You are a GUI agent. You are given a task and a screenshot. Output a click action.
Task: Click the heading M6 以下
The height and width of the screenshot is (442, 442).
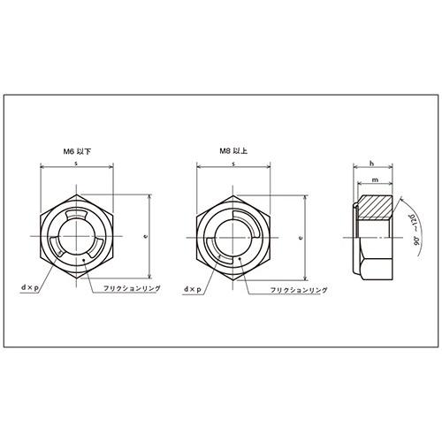tap(78, 151)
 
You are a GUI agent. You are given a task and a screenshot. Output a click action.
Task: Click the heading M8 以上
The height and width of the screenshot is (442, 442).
tap(233, 151)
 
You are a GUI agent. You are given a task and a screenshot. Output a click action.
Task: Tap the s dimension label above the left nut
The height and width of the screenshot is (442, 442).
tap(76, 164)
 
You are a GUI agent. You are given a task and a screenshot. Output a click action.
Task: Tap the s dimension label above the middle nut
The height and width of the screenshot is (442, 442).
tap(233, 164)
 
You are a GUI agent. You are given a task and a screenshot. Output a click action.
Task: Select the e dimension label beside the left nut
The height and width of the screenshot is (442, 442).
tap(145, 236)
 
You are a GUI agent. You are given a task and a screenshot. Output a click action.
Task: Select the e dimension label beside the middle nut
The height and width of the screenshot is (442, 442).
tap(301, 237)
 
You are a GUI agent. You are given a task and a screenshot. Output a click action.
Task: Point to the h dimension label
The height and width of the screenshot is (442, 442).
tap(372, 164)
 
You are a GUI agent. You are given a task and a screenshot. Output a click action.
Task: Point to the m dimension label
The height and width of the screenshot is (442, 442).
tap(375, 179)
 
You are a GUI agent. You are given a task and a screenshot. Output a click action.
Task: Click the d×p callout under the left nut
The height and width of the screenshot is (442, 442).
tap(30, 288)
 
